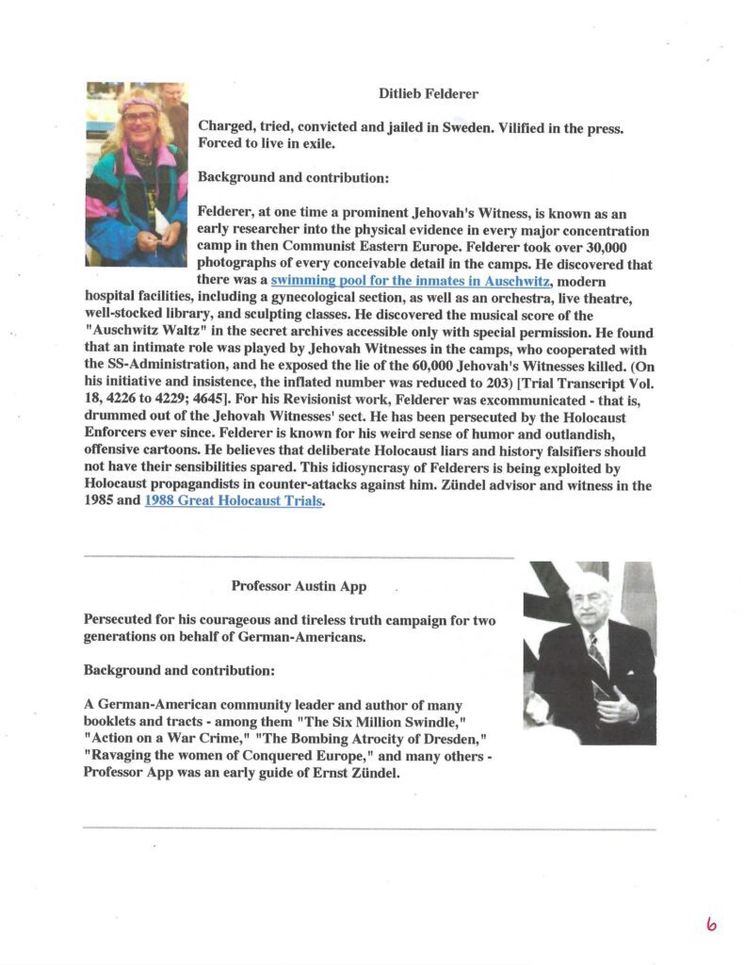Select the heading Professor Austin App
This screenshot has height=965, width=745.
click(x=300, y=586)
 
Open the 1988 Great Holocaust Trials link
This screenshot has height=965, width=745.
click(x=234, y=501)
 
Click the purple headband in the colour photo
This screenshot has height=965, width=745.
click(x=139, y=104)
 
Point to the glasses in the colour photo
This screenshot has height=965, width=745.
click(x=139, y=117)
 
